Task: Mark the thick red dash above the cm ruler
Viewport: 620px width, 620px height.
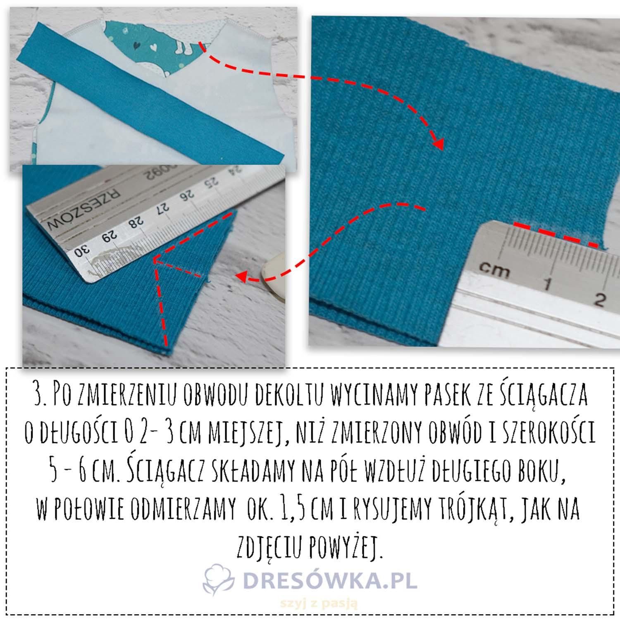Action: coord(556,235)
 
